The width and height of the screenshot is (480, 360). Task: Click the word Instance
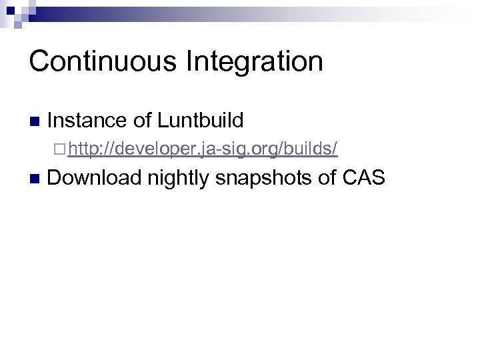[87, 121]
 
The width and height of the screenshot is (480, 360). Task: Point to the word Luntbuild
[201, 121]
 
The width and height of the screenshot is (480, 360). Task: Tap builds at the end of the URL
[309, 149]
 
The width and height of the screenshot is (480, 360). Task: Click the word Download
[95, 178]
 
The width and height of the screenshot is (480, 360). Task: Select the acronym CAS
[365, 178]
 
